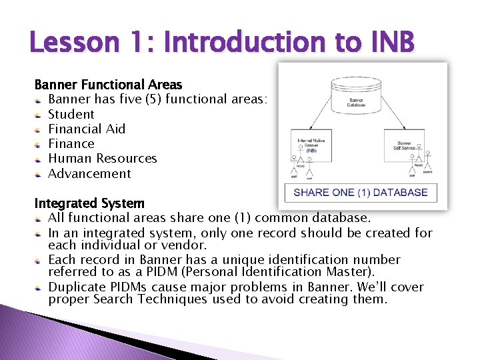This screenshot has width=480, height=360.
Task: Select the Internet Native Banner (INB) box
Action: point(315,144)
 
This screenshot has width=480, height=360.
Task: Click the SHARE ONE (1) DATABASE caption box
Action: point(361,193)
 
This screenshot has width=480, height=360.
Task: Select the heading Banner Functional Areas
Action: point(108,85)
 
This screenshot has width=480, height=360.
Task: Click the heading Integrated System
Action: point(89,203)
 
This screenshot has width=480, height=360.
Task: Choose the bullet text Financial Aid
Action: point(87,129)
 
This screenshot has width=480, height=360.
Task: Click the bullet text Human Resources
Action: point(103,159)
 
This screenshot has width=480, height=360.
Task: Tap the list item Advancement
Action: point(89,173)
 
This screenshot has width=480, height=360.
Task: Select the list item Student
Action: point(71,114)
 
